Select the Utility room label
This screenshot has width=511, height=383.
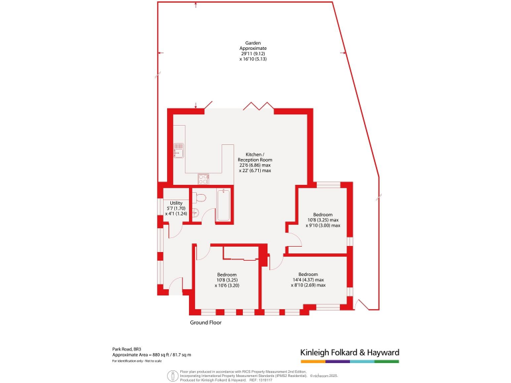tap(176, 203)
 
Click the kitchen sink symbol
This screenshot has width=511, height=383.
tap(178, 148)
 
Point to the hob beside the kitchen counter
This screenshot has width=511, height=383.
tap(204, 178)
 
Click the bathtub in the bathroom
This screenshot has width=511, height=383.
tap(224, 206)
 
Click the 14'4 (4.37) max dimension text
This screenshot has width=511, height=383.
tap(307, 280)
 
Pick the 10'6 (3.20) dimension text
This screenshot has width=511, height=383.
tap(227, 285)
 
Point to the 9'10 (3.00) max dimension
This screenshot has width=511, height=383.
tap(323, 225)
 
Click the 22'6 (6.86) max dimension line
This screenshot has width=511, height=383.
tap(255, 166)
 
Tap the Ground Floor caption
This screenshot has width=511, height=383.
tap(206, 322)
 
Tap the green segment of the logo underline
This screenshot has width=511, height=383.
tap(386, 361)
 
